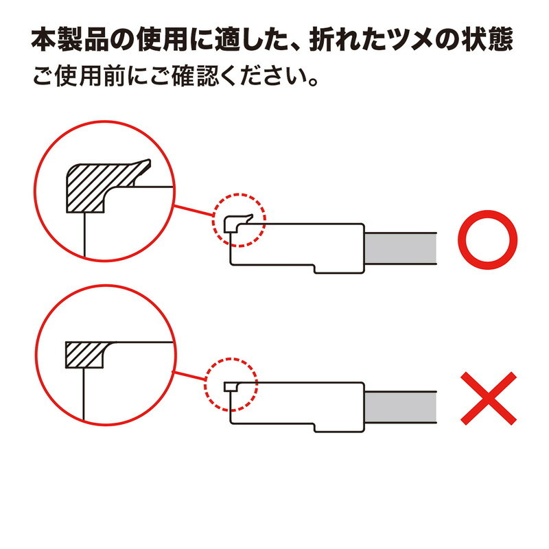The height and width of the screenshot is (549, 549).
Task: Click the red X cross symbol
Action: tap(488, 398)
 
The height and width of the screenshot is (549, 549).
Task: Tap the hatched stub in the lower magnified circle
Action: tap(84, 353)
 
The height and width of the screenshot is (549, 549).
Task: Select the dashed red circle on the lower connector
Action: tap(231, 386)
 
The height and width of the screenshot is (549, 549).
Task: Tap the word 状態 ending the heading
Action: tap(491, 40)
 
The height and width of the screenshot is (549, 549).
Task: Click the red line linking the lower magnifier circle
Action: tap(189, 377)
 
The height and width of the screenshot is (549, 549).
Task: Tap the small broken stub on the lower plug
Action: tap(231, 387)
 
